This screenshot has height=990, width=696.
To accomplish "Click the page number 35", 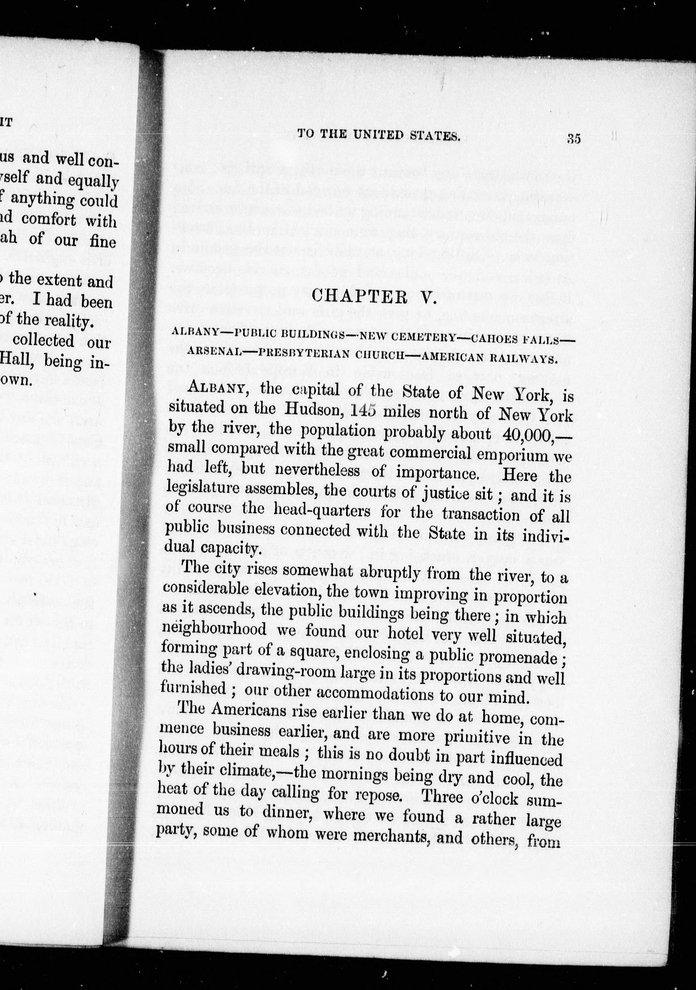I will tap(574, 139).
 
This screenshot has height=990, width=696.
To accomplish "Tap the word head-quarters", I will tap(322, 512).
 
